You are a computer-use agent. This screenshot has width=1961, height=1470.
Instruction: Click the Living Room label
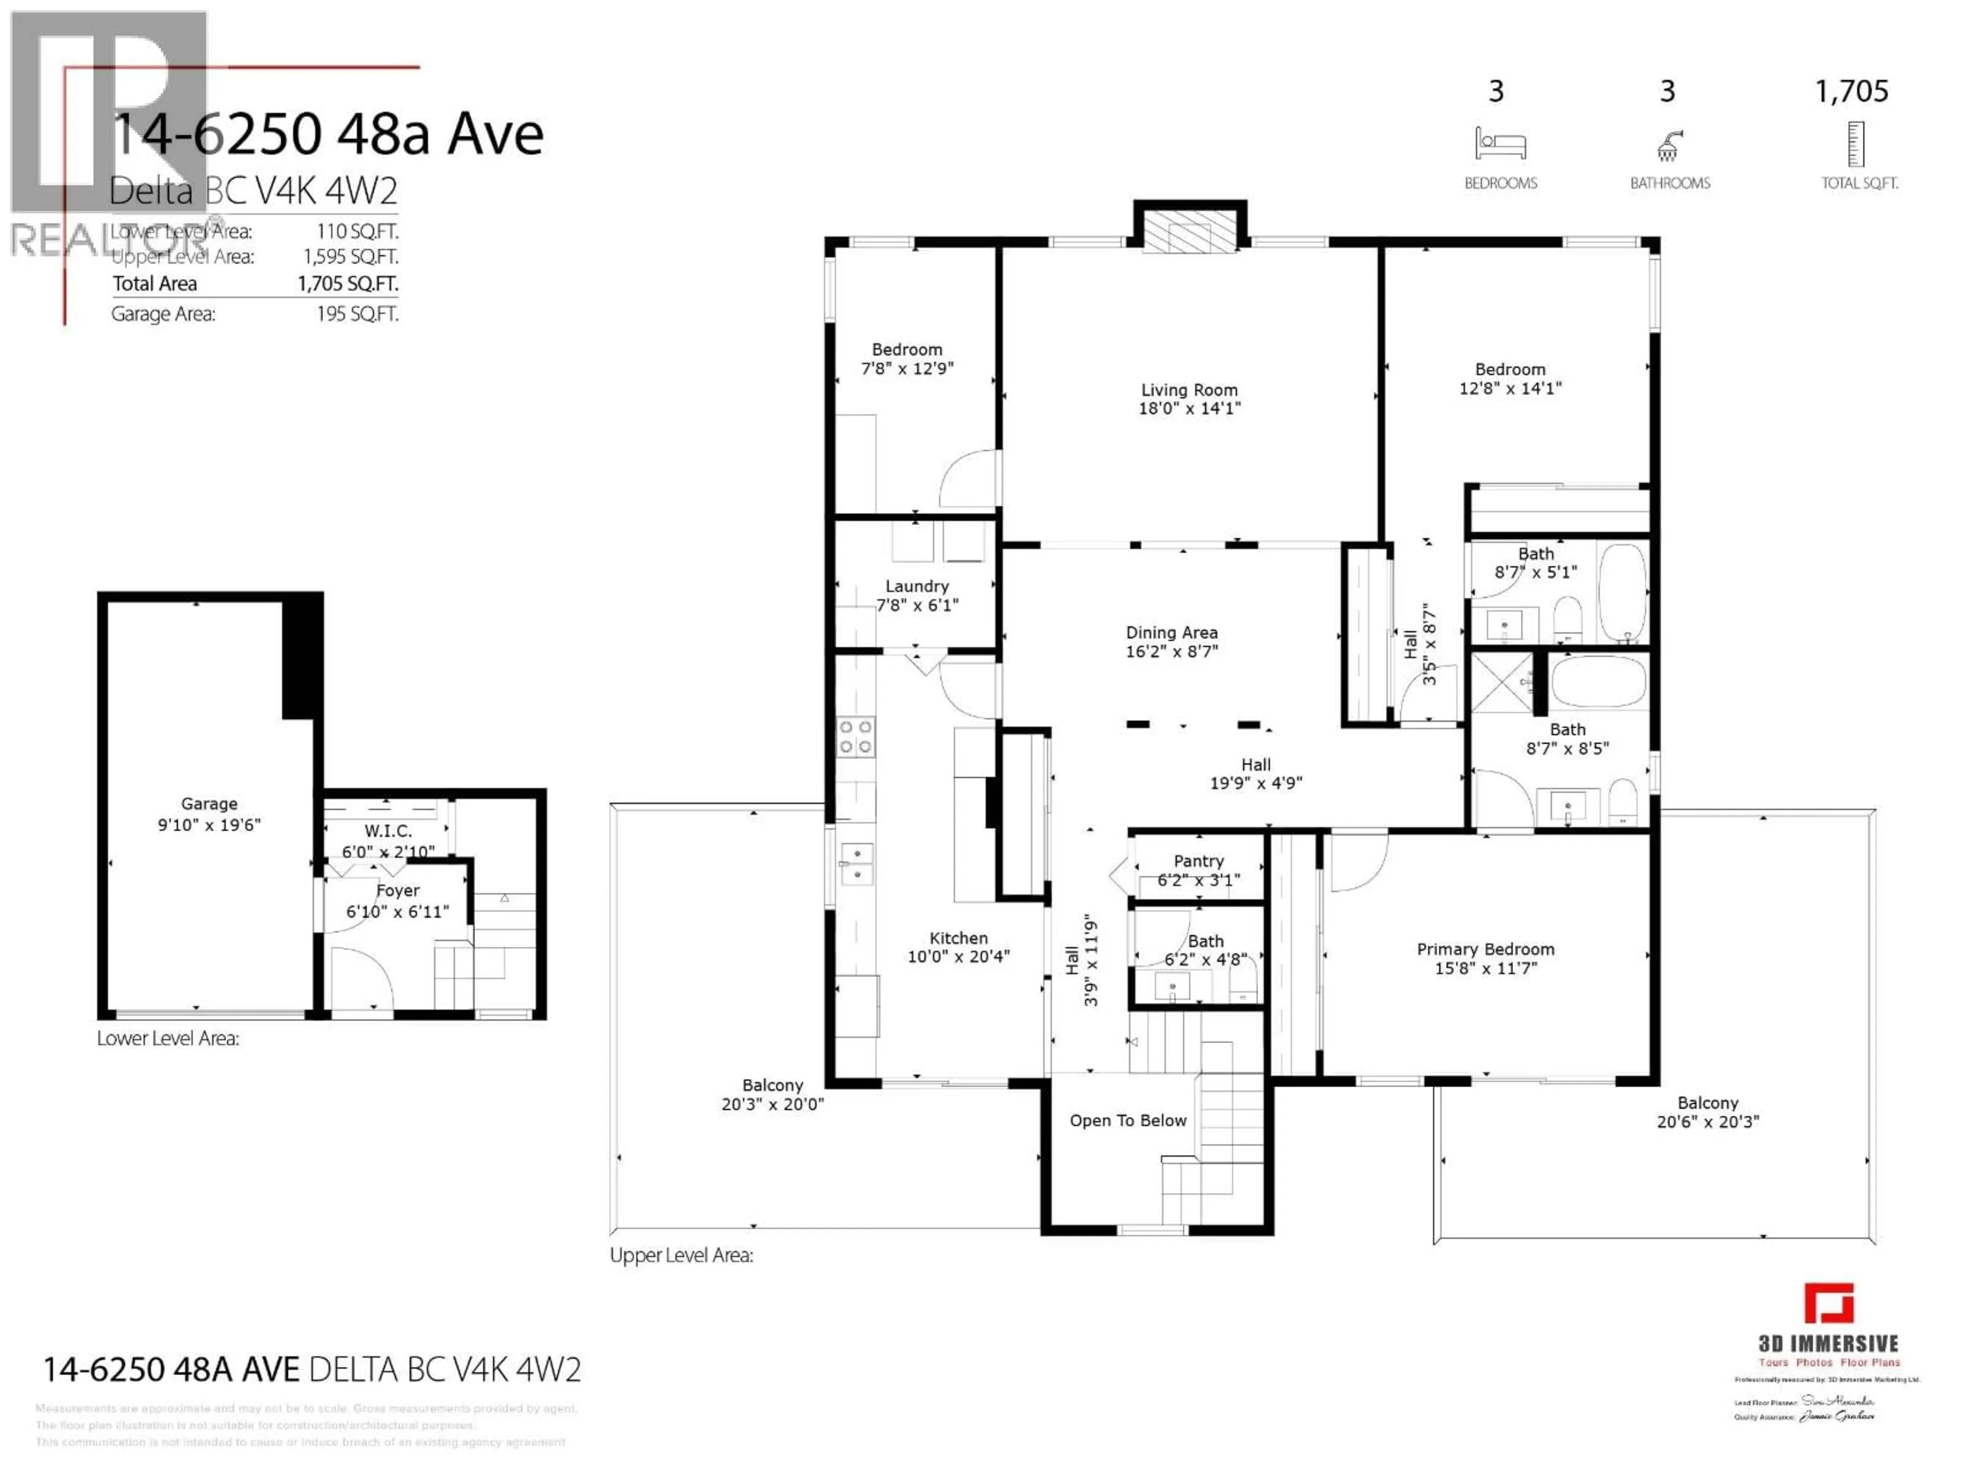point(1189,390)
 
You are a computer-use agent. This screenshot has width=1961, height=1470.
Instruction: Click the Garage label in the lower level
point(209,804)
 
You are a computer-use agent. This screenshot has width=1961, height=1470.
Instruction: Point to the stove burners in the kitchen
point(855,737)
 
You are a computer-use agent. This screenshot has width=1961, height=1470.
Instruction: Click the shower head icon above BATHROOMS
point(1668,145)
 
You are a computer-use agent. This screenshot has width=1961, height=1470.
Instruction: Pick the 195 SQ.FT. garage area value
point(357,314)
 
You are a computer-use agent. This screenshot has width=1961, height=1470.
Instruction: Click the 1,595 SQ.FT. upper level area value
point(350,257)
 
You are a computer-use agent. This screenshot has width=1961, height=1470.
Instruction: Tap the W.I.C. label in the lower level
point(388,831)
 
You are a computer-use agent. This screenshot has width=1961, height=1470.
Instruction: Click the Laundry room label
point(917,586)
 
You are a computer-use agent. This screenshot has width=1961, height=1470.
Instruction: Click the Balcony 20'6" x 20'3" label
point(1708,1112)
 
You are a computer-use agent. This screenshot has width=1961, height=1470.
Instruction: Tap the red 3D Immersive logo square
point(1828,1304)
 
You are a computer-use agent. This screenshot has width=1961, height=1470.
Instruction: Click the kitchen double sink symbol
point(856,864)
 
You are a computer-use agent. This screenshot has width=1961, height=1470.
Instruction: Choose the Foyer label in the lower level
point(397,891)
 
